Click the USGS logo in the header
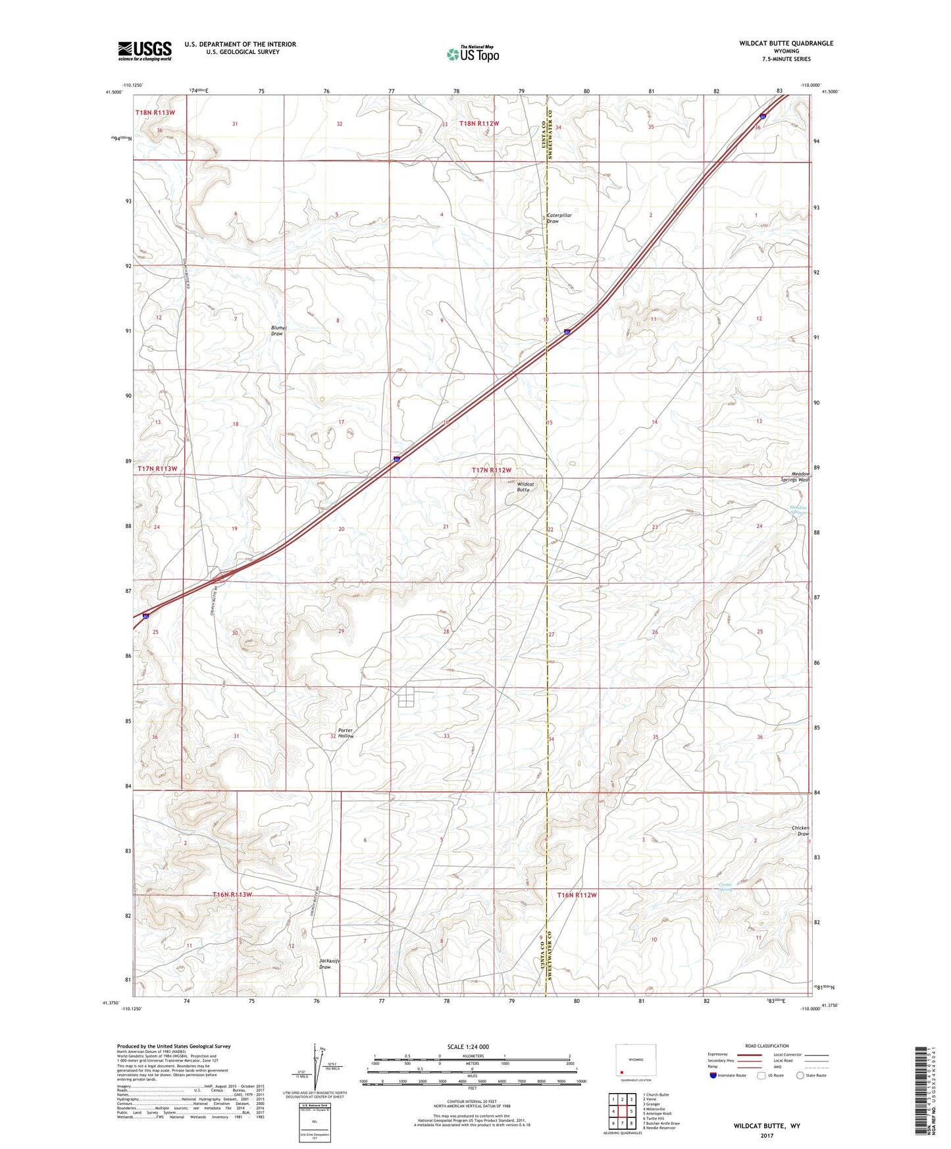click(x=145, y=51)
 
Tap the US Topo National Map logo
click(x=473, y=54)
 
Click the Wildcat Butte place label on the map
click(x=525, y=487)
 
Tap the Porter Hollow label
click(x=346, y=733)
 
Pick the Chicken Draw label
click(x=800, y=830)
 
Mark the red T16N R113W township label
click(x=232, y=895)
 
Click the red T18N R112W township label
click(x=479, y=124)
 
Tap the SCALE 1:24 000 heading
click(x=468, y=1047)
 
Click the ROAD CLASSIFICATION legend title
click(x=767, y=1046)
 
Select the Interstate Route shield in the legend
click(x=713, y=1075)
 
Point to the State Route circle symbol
click(x=800, y=1075)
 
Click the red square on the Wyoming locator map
click(x=621, y=1071)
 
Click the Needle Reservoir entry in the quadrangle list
click(x=659, y=1127)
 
